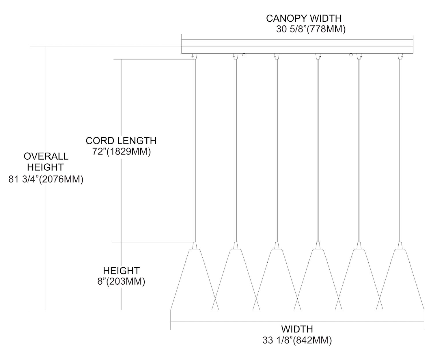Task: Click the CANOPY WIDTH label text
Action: point(304,18)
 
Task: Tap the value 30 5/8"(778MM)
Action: point(311,29)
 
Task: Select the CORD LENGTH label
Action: point(121,141)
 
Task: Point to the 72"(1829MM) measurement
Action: point(122,152)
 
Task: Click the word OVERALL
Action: point(46,156)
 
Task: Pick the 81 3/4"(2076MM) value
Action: point(46,179)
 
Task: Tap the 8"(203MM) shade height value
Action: point(121,281)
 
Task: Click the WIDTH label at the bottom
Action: point(297,329)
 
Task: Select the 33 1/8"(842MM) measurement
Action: point(297,340)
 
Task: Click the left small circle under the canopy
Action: point(244,55)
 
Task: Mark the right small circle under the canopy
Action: point(351,55)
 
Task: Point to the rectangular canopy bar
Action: point(297,50)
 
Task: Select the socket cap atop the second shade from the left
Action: point(236,246)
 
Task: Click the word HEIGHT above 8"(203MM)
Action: point(121,271)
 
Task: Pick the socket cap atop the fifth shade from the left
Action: point(359,246)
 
